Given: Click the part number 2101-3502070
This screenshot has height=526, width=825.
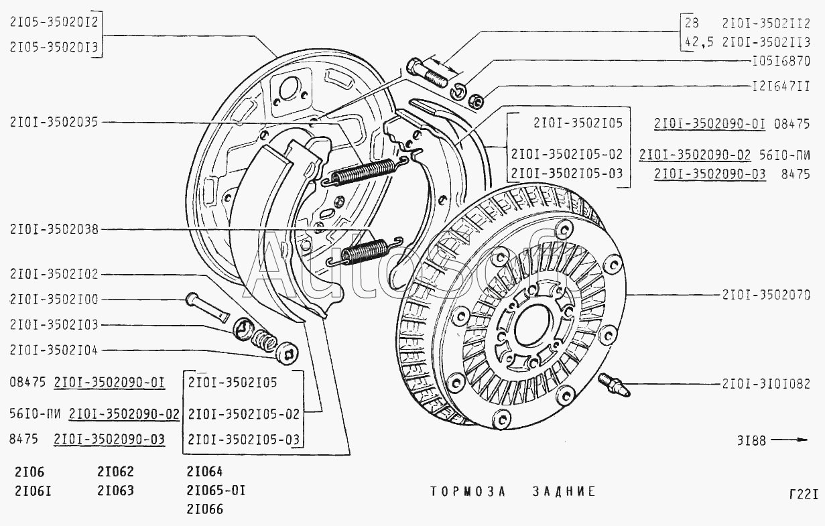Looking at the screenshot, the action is (x=766, y=294).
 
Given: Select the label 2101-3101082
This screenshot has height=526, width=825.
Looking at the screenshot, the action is (x=766, y=384).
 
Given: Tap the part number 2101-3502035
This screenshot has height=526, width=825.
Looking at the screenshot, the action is (x=54, y=122).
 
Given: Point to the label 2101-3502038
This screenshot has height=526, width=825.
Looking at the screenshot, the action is (x=54, y=229).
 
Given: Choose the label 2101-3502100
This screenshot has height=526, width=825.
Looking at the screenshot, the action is (x=54, y=300).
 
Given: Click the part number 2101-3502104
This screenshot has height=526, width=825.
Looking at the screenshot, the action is (x=54, y=350).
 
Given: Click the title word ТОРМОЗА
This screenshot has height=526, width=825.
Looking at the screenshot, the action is (x=466, y=491).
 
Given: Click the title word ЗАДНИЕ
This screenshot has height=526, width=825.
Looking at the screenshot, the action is (x=564, y=491).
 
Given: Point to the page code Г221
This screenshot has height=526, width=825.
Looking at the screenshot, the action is (x=803, y=495).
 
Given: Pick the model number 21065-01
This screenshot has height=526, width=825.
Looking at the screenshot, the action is (x=216, y=490).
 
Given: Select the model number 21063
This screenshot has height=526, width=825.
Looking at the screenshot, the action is (x=115, y=490).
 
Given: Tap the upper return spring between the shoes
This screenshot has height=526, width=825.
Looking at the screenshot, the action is (x=365, y=171).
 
